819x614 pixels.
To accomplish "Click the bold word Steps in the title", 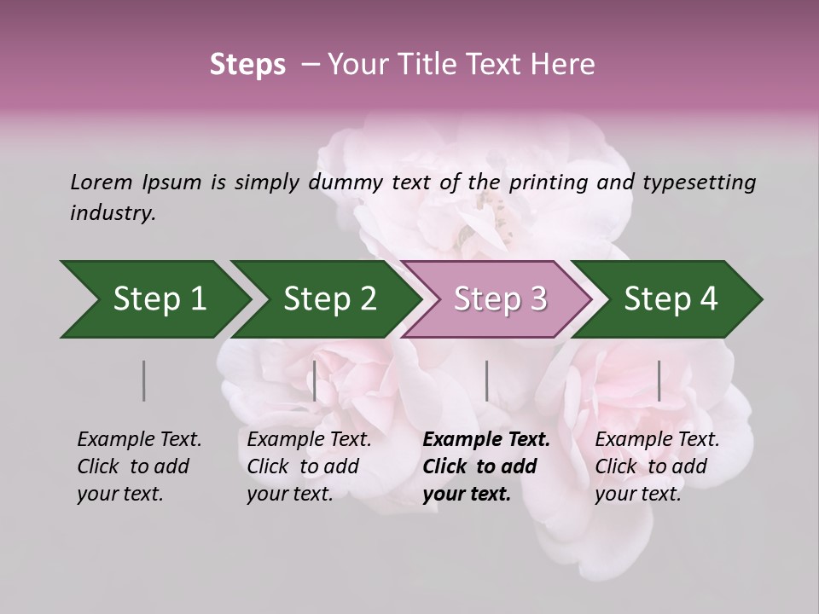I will click(247, 65).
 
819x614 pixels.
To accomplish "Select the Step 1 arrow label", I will click(160, 298).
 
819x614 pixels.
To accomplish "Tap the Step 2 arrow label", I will click(330, 298).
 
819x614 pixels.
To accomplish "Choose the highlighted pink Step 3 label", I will click(501, 298).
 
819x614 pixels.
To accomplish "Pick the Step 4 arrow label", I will click(671, 298).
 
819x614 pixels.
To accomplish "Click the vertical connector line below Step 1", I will click(144, 380).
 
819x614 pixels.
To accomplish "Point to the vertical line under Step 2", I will click(315, 380).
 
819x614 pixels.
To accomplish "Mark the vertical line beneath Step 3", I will click(487, 380).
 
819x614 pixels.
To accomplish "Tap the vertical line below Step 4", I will click(659, 380).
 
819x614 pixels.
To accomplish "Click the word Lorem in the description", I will click(102, 182).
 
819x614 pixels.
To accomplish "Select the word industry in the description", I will click(113, 212).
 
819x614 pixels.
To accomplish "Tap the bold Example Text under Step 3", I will click(486, 439).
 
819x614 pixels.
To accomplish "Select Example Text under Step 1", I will click(139, 439).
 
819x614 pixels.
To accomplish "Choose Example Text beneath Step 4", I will click(657, 439).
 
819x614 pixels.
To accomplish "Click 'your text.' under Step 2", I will click(290, 494).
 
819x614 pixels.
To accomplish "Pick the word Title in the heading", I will click(428, 65).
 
